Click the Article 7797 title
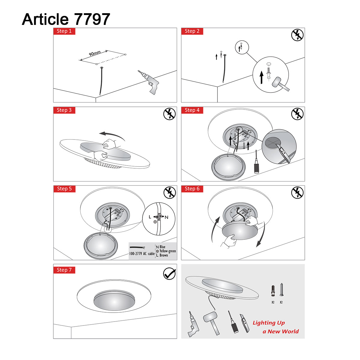(66, 19)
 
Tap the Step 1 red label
(64, 31)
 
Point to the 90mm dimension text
(95, 54)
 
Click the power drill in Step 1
(150, 82)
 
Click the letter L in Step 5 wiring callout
(150, 217)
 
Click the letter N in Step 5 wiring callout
(166, 217)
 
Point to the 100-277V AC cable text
(142, 254)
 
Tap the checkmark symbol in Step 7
(169, 274)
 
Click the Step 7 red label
(64, 270)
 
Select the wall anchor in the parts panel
(273, 291)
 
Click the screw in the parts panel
(281, 290)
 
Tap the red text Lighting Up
(268, 323)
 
